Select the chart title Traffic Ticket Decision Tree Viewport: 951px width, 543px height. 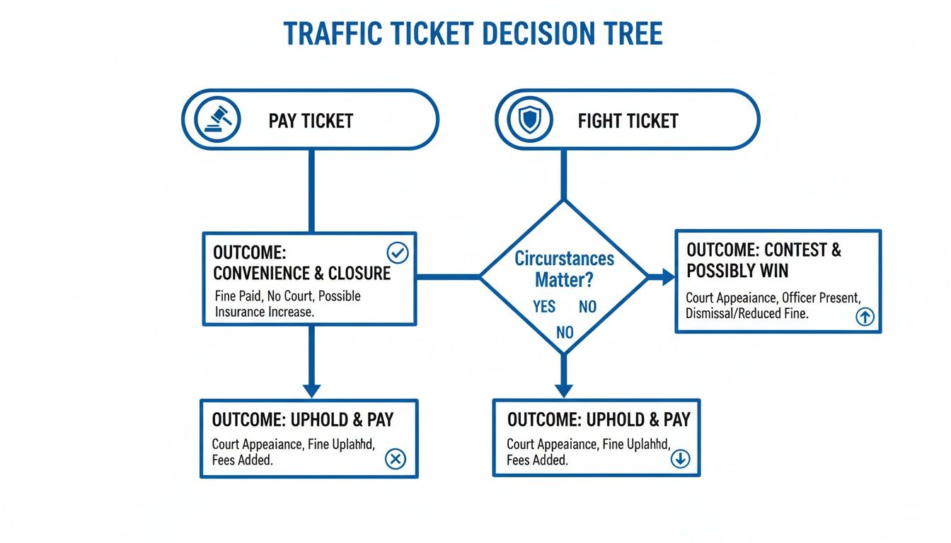[x=473, y=33]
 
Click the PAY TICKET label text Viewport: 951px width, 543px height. [x=311, y=121]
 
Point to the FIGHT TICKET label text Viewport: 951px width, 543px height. [x=628, y=121]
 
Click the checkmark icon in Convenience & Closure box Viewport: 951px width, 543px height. [x=398, y=253]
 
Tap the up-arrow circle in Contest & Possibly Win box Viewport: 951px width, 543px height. [x=865, y=317]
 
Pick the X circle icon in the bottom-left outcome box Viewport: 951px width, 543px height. [x=395, y=460]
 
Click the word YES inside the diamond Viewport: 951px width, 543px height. [x=545, y=307]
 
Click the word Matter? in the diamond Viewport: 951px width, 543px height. [x=564, y=280]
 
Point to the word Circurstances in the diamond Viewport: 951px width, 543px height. [x=564, y=259]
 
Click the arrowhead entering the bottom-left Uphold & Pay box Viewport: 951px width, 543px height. [x=311, y=390]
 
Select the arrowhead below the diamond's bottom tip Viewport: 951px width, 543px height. [x=563, y=390]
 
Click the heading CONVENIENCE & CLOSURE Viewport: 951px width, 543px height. [x=301, y=273]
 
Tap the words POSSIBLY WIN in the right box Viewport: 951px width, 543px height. [x=737, y=271]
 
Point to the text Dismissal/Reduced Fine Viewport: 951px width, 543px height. [x=747, y=313]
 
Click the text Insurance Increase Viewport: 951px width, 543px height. [x=263, y=312]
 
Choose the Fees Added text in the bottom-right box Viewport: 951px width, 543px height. [x=536, y=460]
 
